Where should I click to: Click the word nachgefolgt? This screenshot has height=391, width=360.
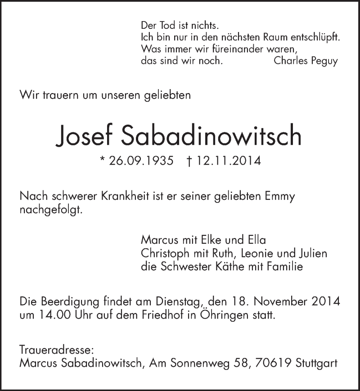pos(51,211)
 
